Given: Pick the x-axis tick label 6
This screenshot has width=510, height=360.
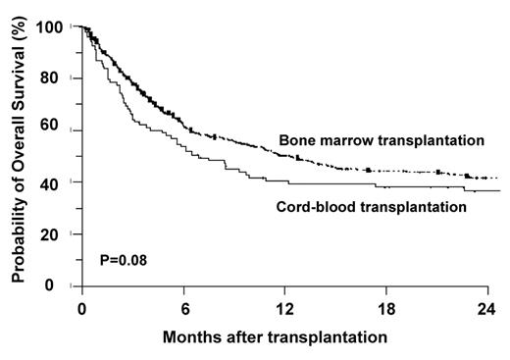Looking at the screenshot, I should point(182,306).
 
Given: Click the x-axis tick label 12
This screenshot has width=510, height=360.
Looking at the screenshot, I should point(283,306).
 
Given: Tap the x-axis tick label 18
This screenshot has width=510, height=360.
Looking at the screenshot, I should point(385,306).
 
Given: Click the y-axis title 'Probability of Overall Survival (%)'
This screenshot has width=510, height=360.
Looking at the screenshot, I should point(19,157).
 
